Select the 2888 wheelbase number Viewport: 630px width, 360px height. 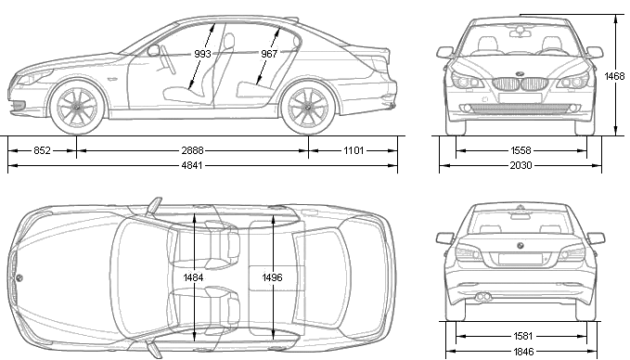click(192, 150)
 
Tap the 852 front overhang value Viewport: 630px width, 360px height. click(42, 150)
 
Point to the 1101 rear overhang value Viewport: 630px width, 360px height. click(354, 150)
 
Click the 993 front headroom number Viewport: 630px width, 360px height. click(202, 54)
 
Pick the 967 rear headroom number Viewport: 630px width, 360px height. click(269, 54)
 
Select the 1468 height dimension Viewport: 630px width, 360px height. click(615, 76)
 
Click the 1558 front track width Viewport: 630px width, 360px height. click(521, 150)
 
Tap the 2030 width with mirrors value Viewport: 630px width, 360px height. click(521, 165)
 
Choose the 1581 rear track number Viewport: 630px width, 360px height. click(523, 336)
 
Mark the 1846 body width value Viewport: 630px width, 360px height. click(523, 353)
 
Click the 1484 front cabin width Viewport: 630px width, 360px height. click(193, 277)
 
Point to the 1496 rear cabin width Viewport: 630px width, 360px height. click(272, 277)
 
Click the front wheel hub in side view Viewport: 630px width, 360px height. click(77, 108)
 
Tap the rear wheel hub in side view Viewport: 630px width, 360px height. click(308, 108)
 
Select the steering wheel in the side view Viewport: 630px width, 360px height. click(168, 60)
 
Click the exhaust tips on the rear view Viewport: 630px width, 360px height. click(482, 297)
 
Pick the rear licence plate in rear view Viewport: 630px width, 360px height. click(520, 259)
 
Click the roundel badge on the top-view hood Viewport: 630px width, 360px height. click(19, 277)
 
